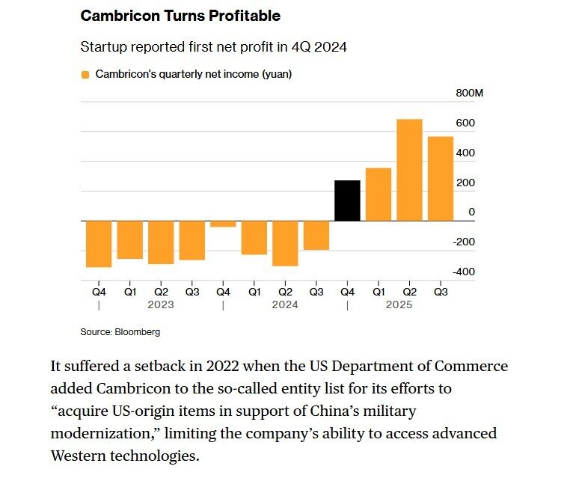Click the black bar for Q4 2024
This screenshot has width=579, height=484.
pos(347,200)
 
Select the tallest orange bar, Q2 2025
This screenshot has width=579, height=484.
pos(409,171)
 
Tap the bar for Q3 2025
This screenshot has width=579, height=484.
pos(441,179)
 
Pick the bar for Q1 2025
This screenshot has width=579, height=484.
pos(379,194)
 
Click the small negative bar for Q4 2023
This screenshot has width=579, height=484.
pos(223,224)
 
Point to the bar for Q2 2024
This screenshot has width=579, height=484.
pos(285,244)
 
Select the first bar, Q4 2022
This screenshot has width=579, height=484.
pos(99,244)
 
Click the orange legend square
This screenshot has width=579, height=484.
pos(85,75)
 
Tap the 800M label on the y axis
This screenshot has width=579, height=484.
pos(469,93)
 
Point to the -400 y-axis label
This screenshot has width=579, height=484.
pos(464,272)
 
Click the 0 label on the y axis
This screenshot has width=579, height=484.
pos(471,212)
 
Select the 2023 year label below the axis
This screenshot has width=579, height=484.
pos(161,304)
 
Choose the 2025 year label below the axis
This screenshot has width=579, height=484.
pos(399,304)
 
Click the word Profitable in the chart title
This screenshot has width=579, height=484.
pos(245,16)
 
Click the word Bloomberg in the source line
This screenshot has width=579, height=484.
pos(138,332)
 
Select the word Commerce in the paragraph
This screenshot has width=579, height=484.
pos(471,367)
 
